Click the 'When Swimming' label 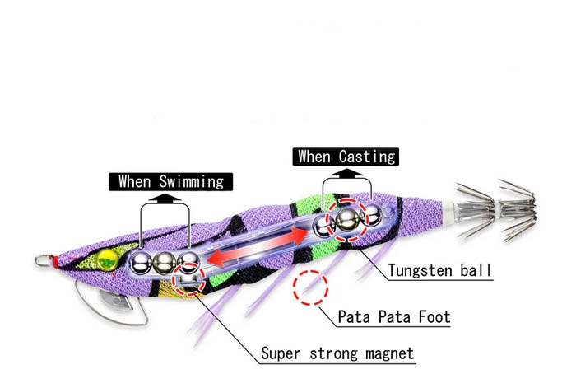171,182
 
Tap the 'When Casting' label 346,157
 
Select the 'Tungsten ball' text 439,270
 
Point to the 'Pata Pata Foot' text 394,316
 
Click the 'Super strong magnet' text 337,353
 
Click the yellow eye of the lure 107,258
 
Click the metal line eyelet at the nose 42,261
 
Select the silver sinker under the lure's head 116,299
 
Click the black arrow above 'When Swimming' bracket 165,199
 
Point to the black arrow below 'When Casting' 346,173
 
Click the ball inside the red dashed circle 347,220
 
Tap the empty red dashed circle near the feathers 310,288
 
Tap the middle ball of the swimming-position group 165,263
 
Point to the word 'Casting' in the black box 367,157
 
